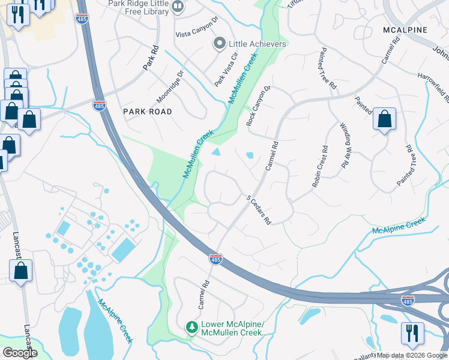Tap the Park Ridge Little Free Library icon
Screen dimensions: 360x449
click(x=178, y=7)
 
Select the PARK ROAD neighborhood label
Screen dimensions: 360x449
click(x=147, y=112)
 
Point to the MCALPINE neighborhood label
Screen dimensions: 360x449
click(x=405, y=30)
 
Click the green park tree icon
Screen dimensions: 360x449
click(x=192, y=327)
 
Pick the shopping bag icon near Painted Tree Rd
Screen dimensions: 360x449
click(x=384, y=119)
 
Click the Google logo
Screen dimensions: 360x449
click(x=19, y=353)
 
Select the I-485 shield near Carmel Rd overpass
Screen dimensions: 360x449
click(x=216, y=259)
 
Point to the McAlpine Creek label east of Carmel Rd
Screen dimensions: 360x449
click(x=399, y=226)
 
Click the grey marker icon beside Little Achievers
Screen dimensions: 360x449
click(x=220, y=44)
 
